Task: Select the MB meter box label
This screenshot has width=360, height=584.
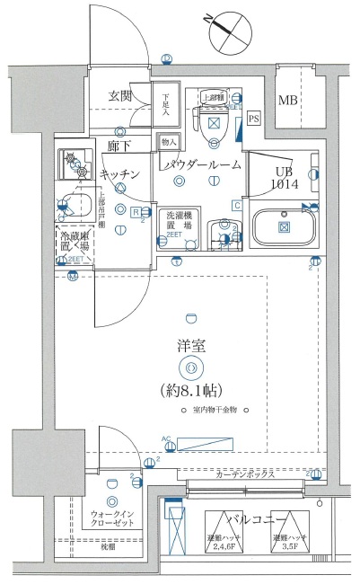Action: (287, 101)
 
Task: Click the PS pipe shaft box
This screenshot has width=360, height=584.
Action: (253, 118)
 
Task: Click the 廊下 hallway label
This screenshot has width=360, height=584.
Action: (119, 146)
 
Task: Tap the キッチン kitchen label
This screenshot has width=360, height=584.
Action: (119, 173)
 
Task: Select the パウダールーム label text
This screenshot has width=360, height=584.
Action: (202, 165)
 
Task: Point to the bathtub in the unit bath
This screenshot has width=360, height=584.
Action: (285, 225)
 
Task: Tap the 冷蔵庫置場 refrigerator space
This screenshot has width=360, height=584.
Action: (74, 241)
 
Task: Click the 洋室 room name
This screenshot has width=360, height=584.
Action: (190, 345)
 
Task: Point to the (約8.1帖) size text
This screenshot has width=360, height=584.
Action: (190, 390)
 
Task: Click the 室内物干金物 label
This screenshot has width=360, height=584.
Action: (215, 411)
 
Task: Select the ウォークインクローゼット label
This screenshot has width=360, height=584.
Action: (112, 519)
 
